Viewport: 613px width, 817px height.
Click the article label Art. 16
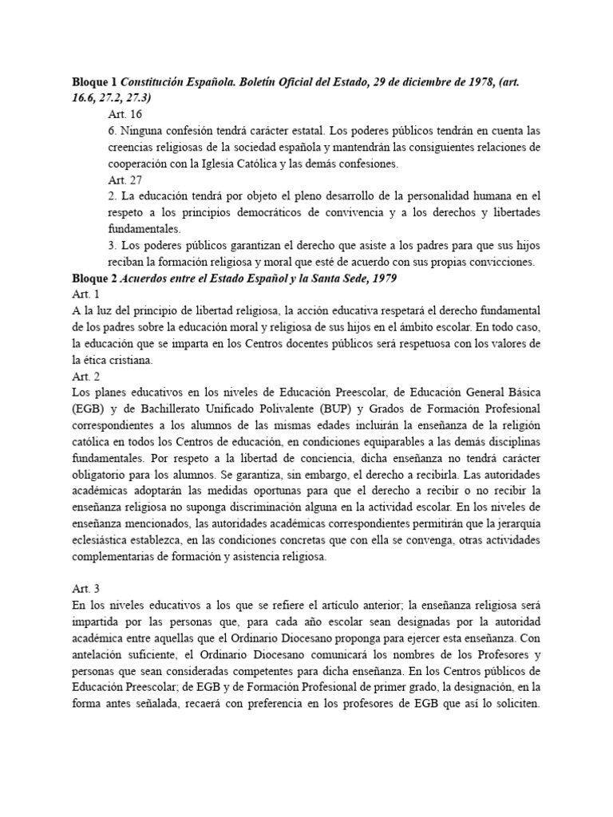pos(124,114)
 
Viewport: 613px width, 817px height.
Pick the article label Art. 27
pos(124,180)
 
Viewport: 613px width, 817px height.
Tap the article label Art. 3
pos(85,587)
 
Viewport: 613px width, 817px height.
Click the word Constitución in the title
pos(164,81)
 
